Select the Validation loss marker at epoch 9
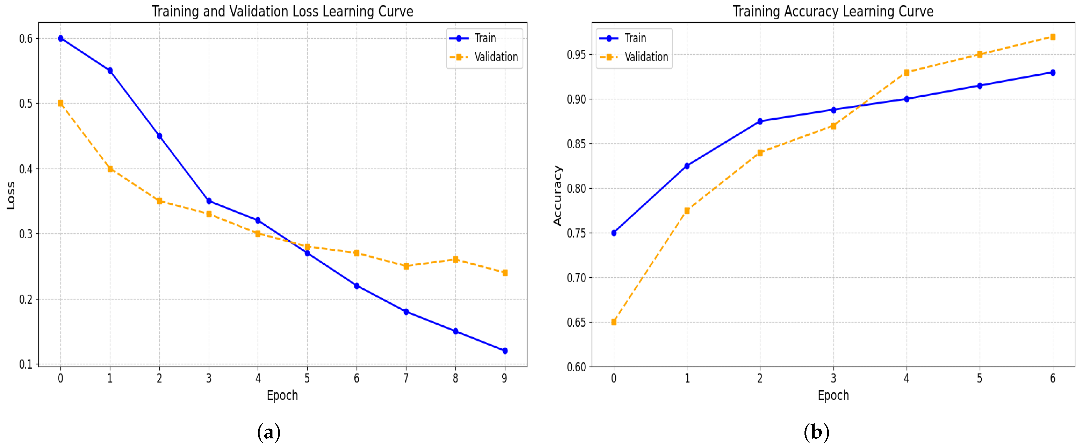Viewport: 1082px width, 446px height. pos(505,273)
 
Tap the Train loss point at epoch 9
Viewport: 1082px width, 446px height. pos(505,351)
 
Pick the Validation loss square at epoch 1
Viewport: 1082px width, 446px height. pos(110,169)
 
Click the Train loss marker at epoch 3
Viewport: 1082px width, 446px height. pos(209,201)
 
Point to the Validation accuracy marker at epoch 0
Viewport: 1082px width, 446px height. pos(614,322)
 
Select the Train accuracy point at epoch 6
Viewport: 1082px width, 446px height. pos(1053,73)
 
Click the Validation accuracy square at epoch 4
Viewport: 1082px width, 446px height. pos(906,73)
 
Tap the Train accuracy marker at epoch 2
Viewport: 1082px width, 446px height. pos(760,121)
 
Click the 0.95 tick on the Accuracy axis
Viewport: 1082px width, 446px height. pos(576,55)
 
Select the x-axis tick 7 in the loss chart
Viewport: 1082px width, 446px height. pos(406,378)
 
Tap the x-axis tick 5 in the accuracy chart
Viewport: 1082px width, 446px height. pos(980,378)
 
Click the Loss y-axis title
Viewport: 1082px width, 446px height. pos(11,196)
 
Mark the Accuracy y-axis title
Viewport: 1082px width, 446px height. pos(557,196)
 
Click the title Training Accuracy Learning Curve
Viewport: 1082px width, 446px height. pos(833,11)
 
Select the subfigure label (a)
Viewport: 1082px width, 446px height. pos(269,432)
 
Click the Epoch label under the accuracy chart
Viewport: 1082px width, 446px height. pos(833,396)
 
